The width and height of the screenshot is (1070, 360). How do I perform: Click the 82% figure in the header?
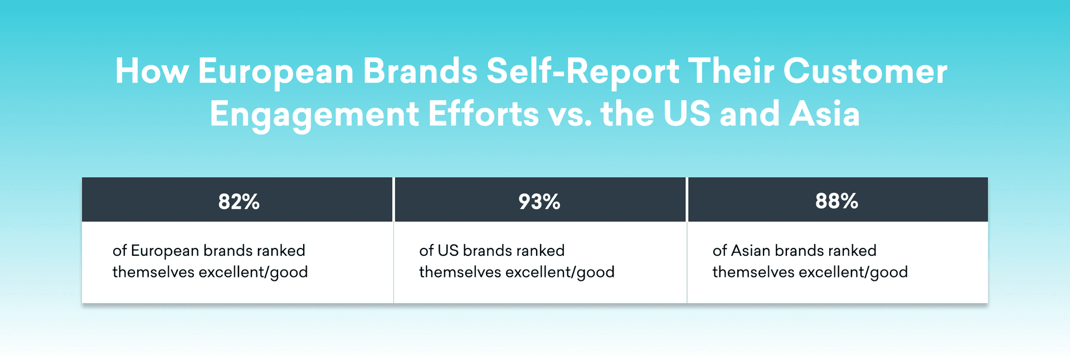239,201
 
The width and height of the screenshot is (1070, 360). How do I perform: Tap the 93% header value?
539,201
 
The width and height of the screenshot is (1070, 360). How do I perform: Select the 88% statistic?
836,201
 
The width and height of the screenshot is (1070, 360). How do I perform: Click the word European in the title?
276,72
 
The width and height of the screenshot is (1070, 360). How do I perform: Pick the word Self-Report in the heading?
583,72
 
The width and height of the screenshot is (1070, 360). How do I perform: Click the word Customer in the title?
865,71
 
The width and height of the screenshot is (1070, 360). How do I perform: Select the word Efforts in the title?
483,114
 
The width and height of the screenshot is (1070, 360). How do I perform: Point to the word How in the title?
152,71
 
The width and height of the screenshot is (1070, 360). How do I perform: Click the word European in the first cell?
164,251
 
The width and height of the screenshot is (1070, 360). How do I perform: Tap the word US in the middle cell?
448,250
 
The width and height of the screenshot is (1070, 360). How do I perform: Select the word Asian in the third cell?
750,250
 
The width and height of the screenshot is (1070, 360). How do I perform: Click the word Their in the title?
731,71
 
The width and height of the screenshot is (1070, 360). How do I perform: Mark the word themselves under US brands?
460,272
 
